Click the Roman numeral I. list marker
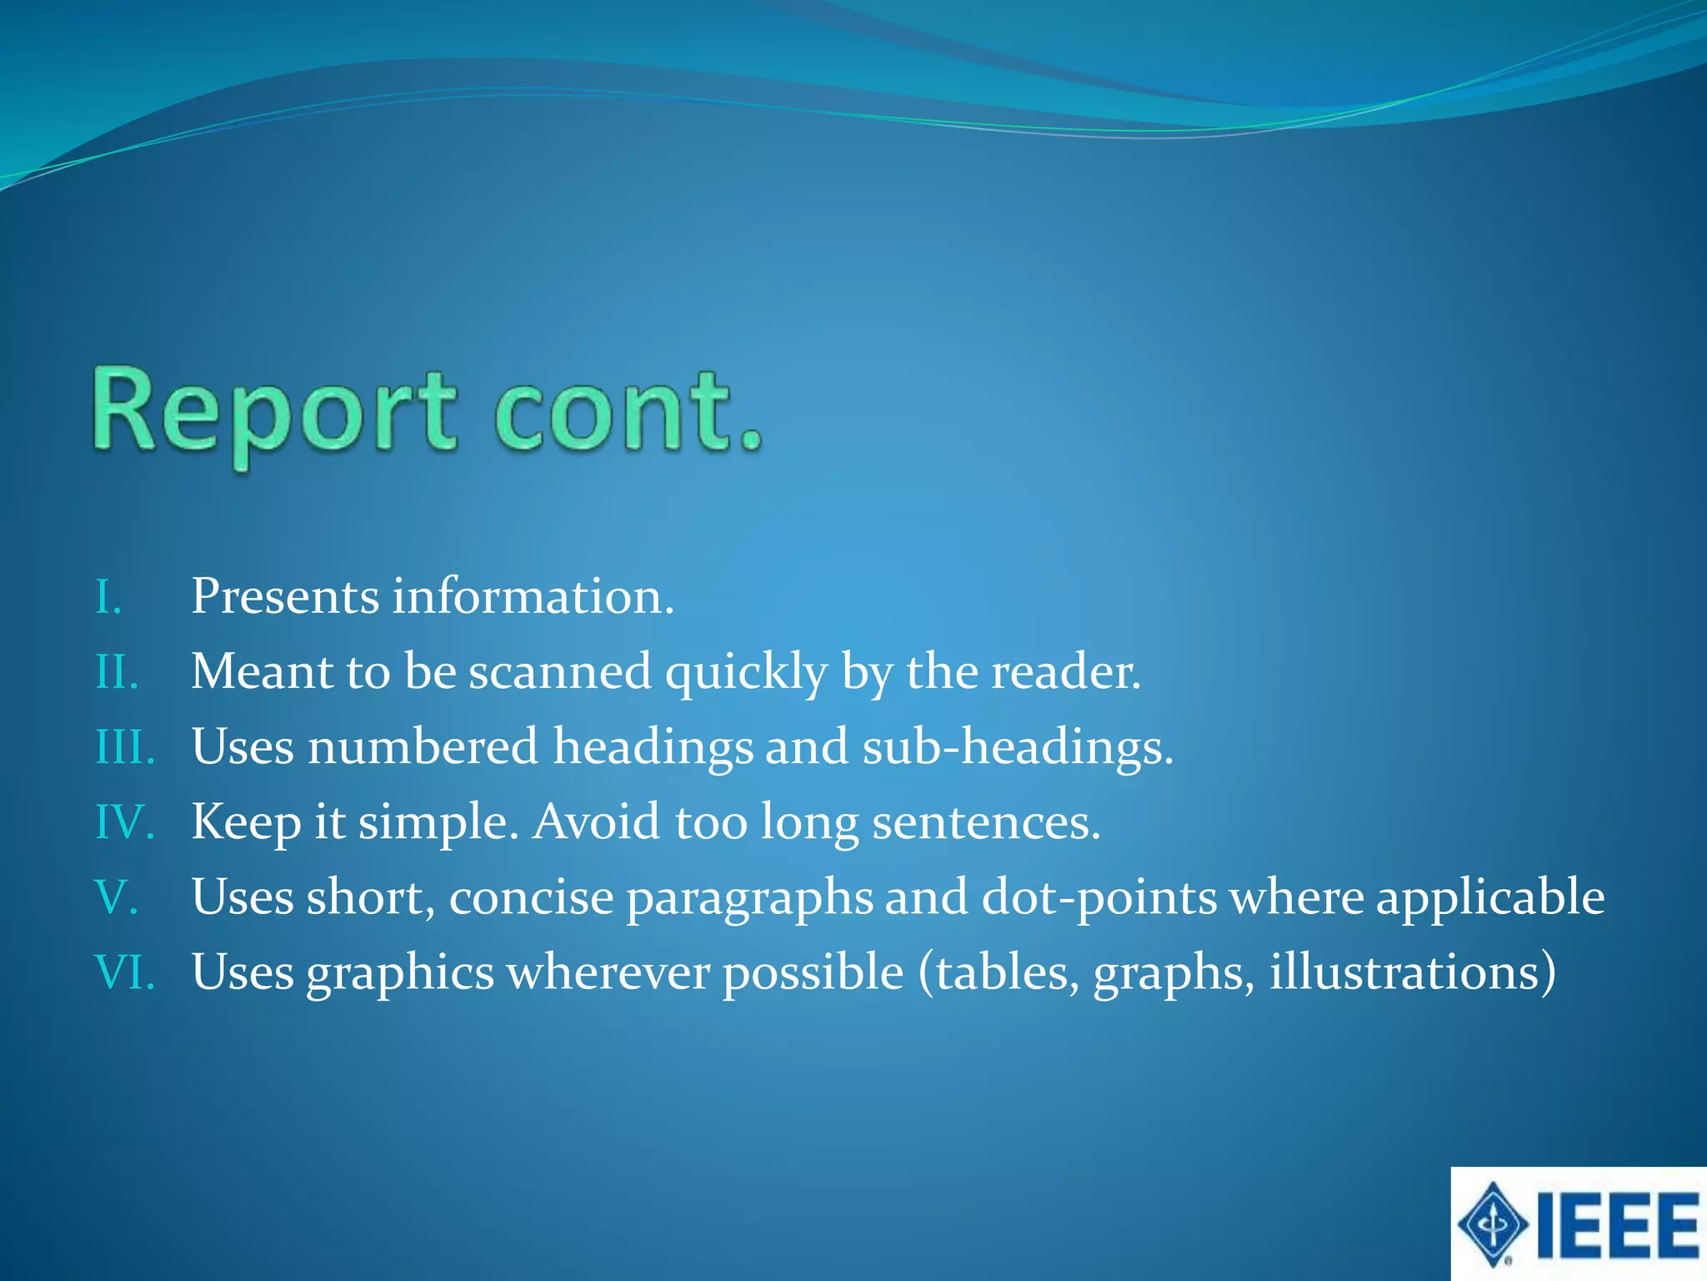coord(108,597)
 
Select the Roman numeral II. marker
coord(117,672)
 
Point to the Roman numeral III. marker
coord(125,747)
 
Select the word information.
coord(533,597)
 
